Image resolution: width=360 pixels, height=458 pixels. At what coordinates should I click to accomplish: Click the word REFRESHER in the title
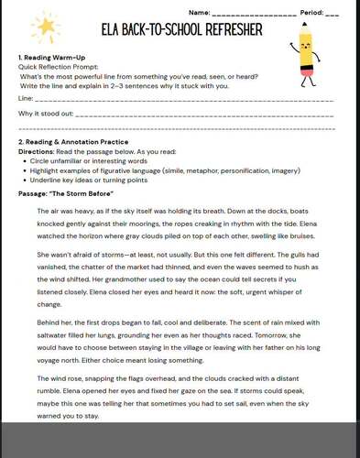click(225, 30)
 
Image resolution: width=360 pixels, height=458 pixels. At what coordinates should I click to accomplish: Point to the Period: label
click(310, 12)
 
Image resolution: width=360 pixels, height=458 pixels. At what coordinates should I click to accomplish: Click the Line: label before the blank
click(26, 98)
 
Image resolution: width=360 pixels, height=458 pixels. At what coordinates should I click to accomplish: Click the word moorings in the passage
click(162, 224)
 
